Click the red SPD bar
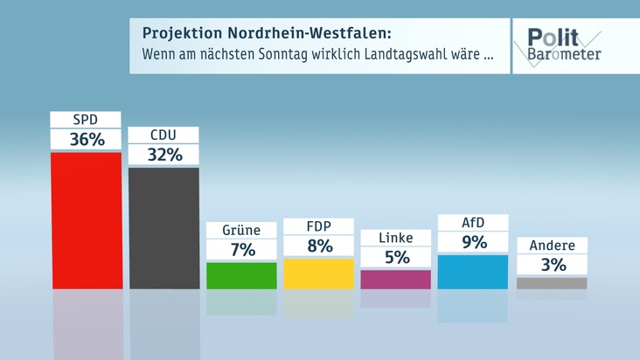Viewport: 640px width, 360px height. pyautogui.click(x=86, y=220)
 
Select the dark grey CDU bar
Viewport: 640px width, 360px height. pyautogui.click(x=163, y=227)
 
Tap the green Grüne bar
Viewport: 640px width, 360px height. pyautogui.click(x=241, y=275)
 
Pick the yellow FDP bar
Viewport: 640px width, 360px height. pyautogui.click(x=318, y=273)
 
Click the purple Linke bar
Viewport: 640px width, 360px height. pyautogui.click(x=395, y=279)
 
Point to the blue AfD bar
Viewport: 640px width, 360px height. pyautogui.click(x=472, y=271)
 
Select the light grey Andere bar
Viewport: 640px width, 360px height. pyautogui.click(x=552, y=283)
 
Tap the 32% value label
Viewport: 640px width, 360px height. pyautogui.click(x=163, y=155)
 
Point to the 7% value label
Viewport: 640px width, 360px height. pyautogui.click(x=241, y=250)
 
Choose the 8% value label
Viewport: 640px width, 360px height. pyautogui.click(x=318, y=246)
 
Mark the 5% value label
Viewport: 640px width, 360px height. pyautogui.click(x=395, y=258)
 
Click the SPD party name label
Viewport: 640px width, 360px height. pyautogui.click(x=86, y=119)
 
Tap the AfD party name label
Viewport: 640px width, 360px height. pyautogui.click(x=472, y=222)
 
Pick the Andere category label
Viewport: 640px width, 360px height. pyautogui.click(x=552, y=246)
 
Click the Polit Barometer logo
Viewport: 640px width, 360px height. pyautogui.click(x=563, y=45)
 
